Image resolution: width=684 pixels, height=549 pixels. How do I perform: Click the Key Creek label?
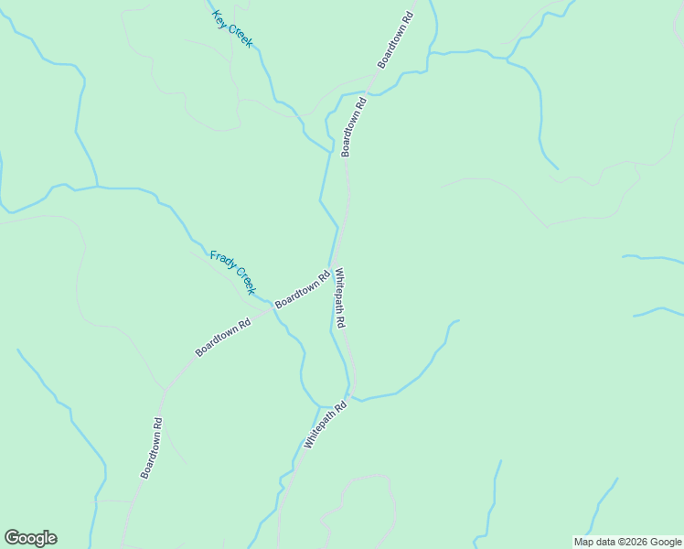[232, 29]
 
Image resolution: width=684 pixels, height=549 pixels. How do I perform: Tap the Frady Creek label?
[232, 273]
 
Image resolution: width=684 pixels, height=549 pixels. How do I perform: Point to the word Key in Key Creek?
[219, 16]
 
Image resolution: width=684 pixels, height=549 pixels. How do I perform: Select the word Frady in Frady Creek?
[222, 262]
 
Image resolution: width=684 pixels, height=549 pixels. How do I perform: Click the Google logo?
[30, 538]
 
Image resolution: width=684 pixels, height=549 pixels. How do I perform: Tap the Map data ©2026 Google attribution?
[628, 542]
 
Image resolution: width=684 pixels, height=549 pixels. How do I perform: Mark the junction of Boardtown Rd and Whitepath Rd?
[334, 264]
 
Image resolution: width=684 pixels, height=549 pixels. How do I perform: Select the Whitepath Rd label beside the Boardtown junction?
[339, 298]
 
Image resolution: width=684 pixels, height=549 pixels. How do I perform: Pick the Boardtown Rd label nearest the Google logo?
[152, 448]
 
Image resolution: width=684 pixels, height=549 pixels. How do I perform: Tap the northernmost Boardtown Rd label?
[396, 39]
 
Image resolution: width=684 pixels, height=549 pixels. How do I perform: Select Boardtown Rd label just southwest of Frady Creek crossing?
[222, 338]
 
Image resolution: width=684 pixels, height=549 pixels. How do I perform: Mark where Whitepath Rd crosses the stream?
[348, 397]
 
